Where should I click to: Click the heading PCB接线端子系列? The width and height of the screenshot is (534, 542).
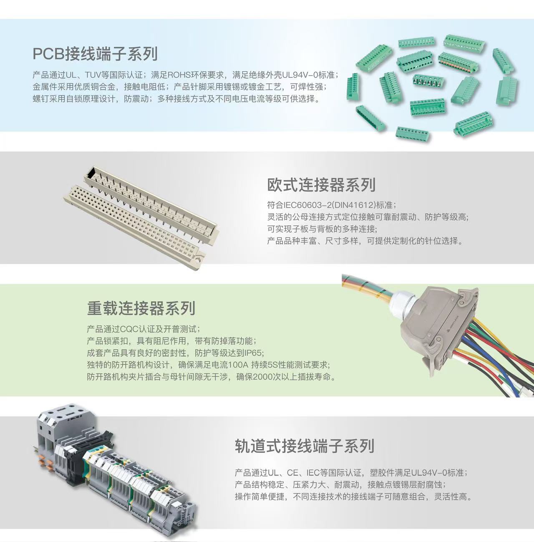tap(95, 54)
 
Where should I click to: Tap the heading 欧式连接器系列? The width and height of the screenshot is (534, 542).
tap(321, 185)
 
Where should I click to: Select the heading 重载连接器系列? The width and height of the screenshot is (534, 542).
tap(141, 308)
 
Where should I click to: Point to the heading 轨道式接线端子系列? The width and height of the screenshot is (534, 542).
tap(304, 446)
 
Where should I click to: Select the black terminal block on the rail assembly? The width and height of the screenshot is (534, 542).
tap(73, 467)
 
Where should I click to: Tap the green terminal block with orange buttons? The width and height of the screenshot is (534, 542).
tap(458, 63)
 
